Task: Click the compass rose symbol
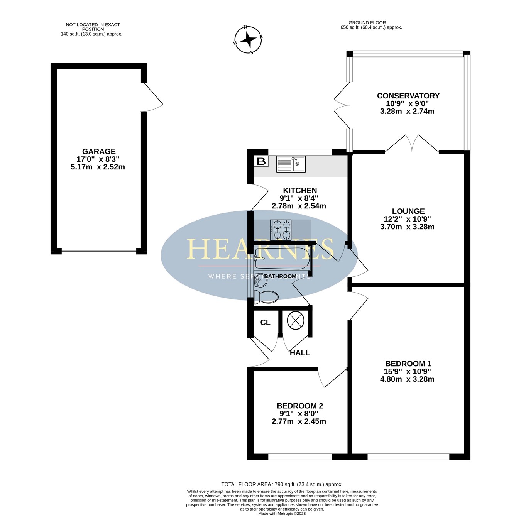pos(248,40)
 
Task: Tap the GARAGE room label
pos(99,152)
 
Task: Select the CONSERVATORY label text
pos(408,96)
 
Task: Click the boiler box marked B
pos(261,161)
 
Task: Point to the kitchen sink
pos(291,164)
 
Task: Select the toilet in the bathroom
pos(266,297)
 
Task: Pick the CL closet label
pos(265,323)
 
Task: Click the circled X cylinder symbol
pos(296,320)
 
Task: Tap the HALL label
pos(300,353)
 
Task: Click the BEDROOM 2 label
pos(300,406)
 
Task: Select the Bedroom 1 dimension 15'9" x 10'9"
pos(408,371)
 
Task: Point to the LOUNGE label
pos(408,211)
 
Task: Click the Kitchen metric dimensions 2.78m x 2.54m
pos(299,206)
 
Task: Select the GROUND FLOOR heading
pos(367,22)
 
